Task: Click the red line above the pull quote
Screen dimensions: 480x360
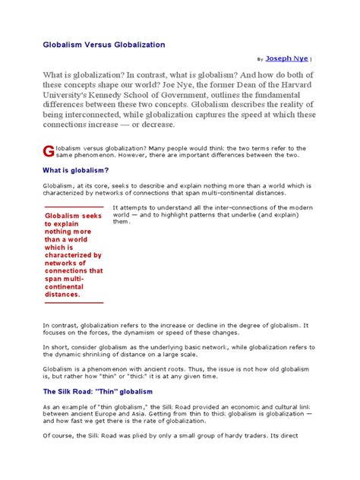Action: [74, 207]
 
